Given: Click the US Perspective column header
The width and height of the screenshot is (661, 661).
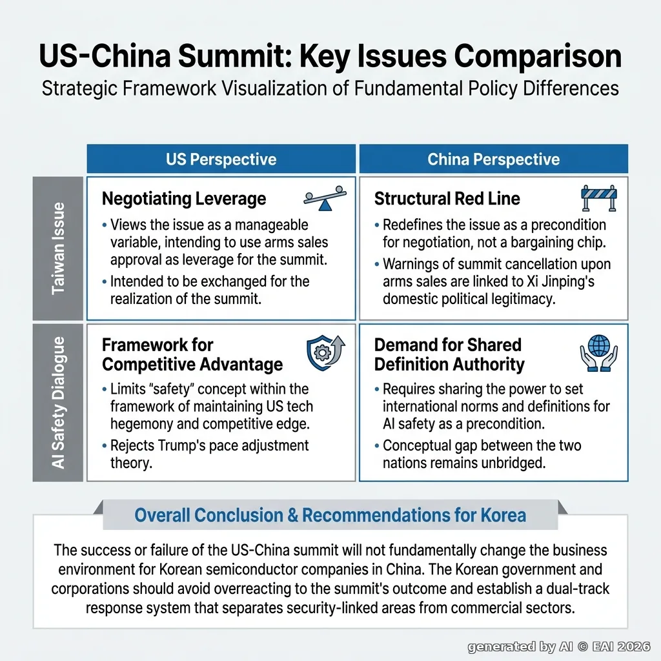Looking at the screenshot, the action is [221, 159].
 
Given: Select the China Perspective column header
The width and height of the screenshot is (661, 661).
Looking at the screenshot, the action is [494, 159].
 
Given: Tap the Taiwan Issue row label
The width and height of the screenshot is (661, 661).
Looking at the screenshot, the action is [57, 249].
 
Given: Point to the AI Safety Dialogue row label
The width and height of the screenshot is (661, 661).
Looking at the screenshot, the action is [57, 403].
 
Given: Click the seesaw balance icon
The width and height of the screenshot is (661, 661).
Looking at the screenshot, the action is [325, 198].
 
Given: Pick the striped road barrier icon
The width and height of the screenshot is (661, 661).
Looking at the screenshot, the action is [599, 198].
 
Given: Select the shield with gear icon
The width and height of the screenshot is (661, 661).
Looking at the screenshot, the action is [325, 353].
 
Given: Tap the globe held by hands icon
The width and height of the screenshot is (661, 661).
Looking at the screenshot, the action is [598, 353].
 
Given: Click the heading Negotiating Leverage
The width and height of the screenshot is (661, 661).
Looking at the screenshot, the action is [184, 199].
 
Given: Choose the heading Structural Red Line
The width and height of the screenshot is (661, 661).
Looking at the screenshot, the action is [447, 199].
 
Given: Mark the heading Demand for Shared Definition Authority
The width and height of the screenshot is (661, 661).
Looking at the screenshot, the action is [449, 354].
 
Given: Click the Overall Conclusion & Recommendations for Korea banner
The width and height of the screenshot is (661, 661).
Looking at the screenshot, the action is [330, 514].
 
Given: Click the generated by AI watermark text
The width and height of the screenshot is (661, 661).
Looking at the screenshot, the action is [559, 647].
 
